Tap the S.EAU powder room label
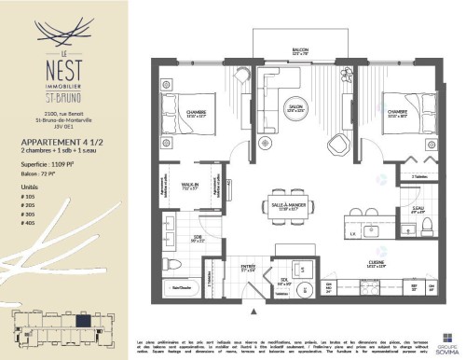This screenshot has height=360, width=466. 393,210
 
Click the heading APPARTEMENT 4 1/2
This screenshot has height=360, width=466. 62,142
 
